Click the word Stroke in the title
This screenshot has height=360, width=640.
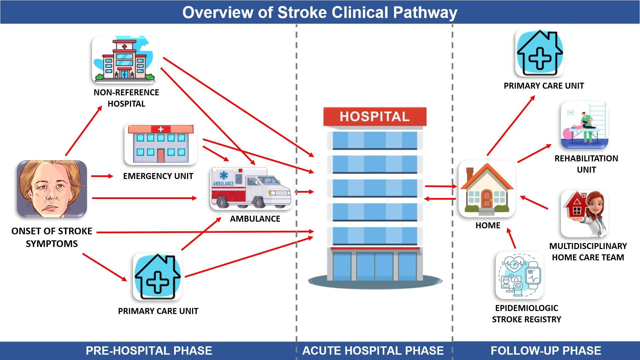pos(302,13)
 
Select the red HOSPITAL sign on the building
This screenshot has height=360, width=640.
pos(375,116)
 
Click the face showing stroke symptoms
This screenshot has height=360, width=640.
pos(52,189)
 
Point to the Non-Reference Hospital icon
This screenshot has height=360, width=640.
pos(125,59)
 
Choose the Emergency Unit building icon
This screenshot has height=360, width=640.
pos(161,144)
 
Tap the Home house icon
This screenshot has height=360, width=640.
pos(487,189)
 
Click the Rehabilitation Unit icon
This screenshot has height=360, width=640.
pos(585,125)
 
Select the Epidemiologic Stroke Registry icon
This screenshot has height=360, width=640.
pos(519,275)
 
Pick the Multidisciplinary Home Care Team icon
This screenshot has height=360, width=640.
pos(585,214)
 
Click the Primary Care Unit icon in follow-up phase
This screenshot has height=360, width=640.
pos(539,53)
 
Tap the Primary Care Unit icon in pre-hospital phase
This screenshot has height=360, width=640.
pos(157,277)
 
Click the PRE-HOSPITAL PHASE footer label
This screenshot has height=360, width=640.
pos(149,351)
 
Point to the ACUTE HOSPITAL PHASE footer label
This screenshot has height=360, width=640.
pos(373,351)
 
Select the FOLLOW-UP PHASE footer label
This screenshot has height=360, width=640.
pos(546,351)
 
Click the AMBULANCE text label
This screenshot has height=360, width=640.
pos(255,219)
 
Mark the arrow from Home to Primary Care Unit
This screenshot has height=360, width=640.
pos(511,126)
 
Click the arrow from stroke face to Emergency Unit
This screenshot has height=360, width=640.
pos(102,176)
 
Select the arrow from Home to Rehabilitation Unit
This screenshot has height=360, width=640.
pos(534,153)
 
